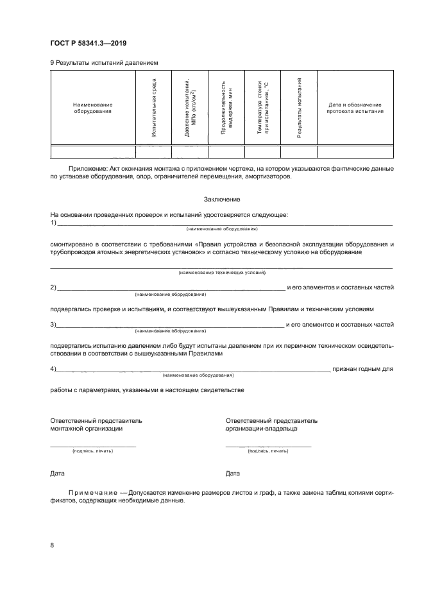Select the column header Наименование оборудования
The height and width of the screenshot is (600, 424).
click(x=92, y=108)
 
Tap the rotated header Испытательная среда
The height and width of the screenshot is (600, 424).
click(x=154, y=107)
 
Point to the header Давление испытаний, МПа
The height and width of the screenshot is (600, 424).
click(x=190, y=107)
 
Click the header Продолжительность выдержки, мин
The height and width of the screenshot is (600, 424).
click(x=226, y=107)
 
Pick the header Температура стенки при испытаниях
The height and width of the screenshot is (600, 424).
click(x=262, y=107)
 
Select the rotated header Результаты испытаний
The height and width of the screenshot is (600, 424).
click(x=299, y=107)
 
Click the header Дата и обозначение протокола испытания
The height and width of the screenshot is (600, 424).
click(x=355, y=108)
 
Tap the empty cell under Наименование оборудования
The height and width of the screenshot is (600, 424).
click(x=92, y=151)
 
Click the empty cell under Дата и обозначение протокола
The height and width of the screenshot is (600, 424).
click(x=355, y=151)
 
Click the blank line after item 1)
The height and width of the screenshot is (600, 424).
click(x=225, y=223)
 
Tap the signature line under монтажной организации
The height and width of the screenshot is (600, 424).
click(x=93, y=445)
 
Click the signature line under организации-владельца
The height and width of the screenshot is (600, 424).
click(x=268, y=445)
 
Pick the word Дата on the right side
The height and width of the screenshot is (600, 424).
click(x=233, y=474)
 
